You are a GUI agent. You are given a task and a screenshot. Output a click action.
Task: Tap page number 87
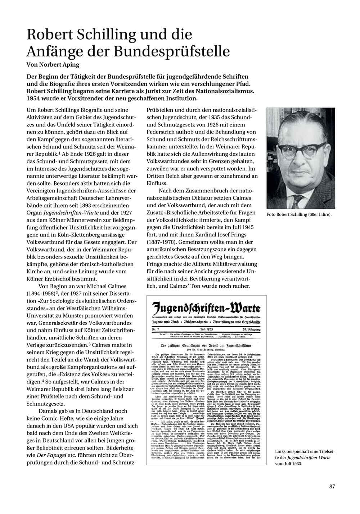click(332, 487)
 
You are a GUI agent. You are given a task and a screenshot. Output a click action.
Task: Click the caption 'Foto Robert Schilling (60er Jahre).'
click(299, 215)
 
